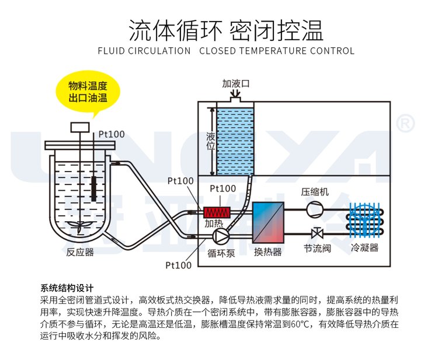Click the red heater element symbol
pyautogui.click(x=217, y=212)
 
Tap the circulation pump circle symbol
pyautogui.click(x=221, y=236)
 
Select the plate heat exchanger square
pyautogui.click(x=268, y=222)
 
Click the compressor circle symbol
pyautogui.click(x=315, y=209)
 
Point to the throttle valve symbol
pyautogui.click(x=317, y=233)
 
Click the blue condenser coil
pyautogui.click(x=365, y=220)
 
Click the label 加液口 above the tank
pyautogui.click(x=235, y=83)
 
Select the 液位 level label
pyautogui.click(x=211, y=141)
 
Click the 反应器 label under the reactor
pyautogui.click(x=80, y=252)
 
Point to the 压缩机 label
pyautogui.click(x=315, y=192)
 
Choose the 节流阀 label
pyautogui.click(x=317, y=248)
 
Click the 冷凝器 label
pyautogui.click(x=364, y=247)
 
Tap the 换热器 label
pyautogui.click(x=268, y=252)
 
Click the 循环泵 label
pyautogui.click(x=221, y=253)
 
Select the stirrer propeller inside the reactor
pyautogui.click(x=80, y=226)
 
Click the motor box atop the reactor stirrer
pyautogui.click(x=80, y=127)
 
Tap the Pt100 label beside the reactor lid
pyautogui.click(x=112, y=134)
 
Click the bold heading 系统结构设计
pyautogui.click(x=67, y=288)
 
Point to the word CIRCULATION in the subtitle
pyautogui.click(x=159, y=51)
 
